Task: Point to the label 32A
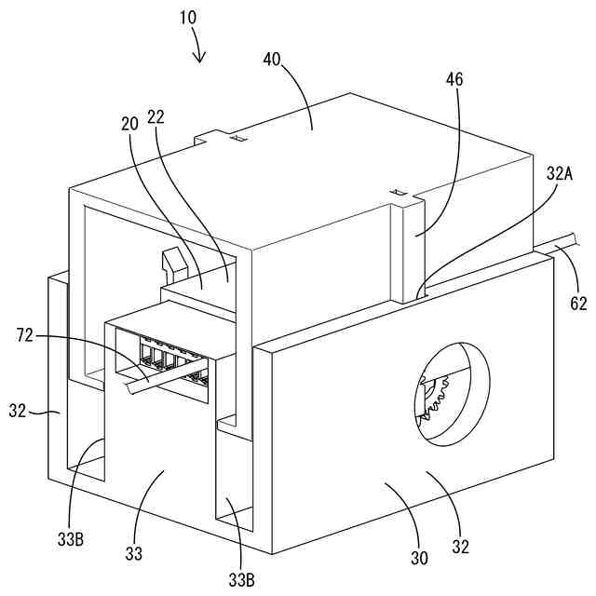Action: pos(561,172)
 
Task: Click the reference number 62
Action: pos(578,302)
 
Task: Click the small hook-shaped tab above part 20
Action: pos(172,262)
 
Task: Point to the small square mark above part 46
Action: pos(401,193)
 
